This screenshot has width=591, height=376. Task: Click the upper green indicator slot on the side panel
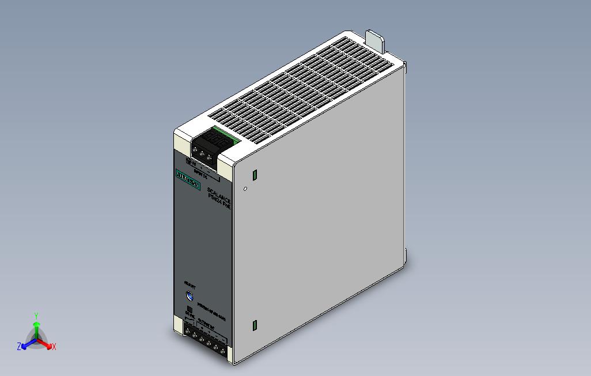254,174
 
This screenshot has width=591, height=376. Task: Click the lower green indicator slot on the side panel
254,325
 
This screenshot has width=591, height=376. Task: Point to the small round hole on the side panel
245,188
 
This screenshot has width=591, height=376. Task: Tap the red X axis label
54,347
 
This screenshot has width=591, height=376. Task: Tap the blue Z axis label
19,347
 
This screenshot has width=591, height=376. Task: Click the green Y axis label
36,315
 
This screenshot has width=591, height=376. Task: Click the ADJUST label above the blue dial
190,284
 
